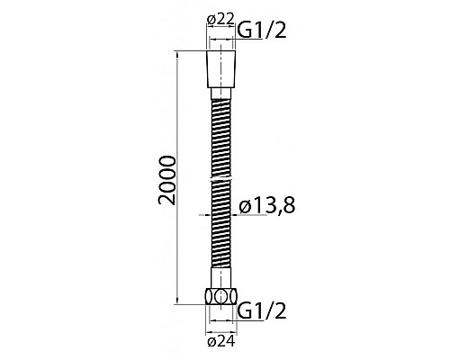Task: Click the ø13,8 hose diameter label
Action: click(268, 208)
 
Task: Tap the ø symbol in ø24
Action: click(210, 340)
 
